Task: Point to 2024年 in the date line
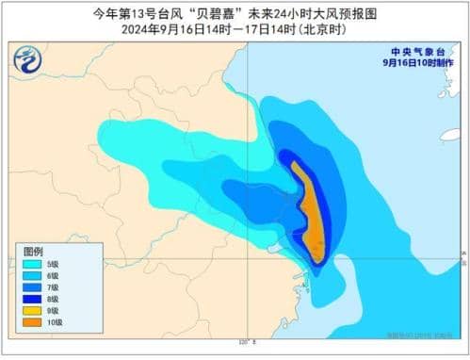137,29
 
